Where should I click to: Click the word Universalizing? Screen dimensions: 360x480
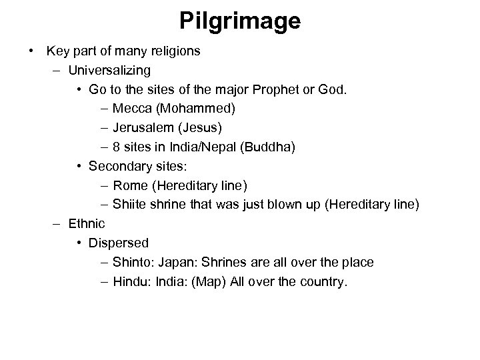[109, 69]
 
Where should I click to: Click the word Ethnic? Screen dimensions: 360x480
[87, 223]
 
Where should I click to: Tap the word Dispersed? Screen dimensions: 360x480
[119, 243]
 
